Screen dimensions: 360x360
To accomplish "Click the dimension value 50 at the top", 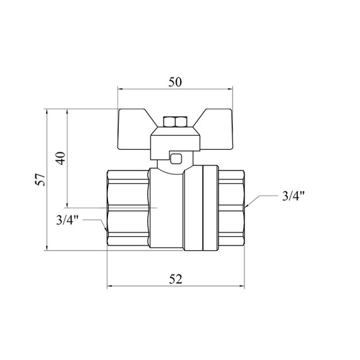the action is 175,82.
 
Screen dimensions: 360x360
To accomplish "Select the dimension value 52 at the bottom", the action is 176,279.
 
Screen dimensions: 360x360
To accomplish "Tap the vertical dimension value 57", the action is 40,179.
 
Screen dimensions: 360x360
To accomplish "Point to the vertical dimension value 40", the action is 61,158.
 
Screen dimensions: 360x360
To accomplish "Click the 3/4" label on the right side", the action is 293,196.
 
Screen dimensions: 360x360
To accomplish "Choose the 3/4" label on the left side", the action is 68,220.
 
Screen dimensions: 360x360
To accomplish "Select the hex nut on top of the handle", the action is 175,122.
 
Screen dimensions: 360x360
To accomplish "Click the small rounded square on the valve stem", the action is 176,159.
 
